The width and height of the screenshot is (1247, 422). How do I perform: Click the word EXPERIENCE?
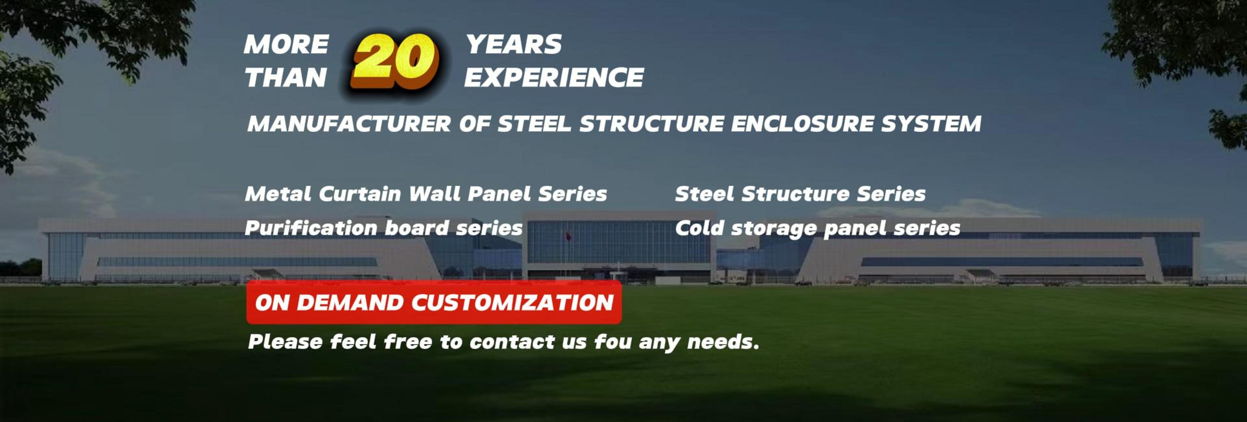pyautogui.click(x=554, y=77)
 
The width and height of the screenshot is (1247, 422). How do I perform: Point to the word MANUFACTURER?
pyautogui.click(x=349, y=124)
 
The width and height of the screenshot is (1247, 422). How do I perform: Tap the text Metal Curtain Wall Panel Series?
pyautogui.click(x=426, y=194)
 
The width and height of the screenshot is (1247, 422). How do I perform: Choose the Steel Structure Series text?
pyautogui.click(x=800, y=194)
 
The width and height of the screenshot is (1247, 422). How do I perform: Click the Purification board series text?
pyautogui.click(x=384, y=228)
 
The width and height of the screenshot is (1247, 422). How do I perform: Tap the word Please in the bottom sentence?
pyautogui.click(x=285, y=342)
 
